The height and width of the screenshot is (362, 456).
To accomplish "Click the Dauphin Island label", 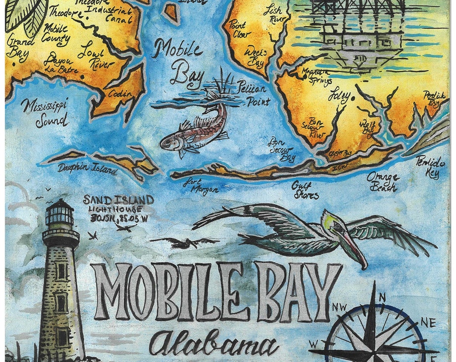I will [x=87, y=169].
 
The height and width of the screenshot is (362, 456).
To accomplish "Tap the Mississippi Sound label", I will [x=44, y=112].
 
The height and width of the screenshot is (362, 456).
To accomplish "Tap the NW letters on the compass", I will [x=341, y=308].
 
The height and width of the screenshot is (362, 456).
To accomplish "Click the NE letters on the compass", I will [x=427, y=324].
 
